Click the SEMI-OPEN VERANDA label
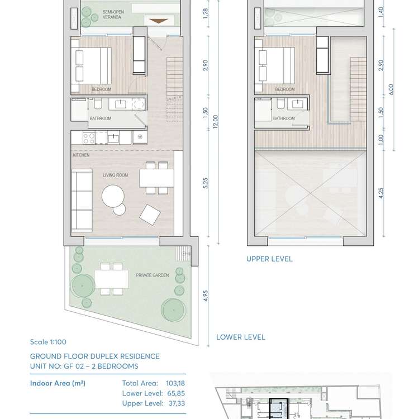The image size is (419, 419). tap(113, 15)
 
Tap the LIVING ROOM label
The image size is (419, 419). tap(116, 175)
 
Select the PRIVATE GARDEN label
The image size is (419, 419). tap(153, 275)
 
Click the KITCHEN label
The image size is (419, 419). tap(81, 155)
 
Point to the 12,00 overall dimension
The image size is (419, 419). tap(216, 122)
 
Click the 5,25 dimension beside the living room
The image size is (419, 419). tap(205, 183)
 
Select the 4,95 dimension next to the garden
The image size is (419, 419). tap(205, 296)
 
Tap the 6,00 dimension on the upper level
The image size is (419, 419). tap(391, 89)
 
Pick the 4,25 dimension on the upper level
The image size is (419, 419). tap(381, 193)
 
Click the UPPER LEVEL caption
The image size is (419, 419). tap(269, 259)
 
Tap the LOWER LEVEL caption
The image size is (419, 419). tap(240, 337)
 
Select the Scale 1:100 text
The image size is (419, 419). tap(48, 342)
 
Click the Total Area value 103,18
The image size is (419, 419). tap(175, 383)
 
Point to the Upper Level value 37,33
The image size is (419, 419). tap(177, 403)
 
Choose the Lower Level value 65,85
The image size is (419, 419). tap(176, 393)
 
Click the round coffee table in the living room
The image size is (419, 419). tap(113, 197)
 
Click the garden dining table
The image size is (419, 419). tap(111, 279)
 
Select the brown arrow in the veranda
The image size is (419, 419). tap(159, 21)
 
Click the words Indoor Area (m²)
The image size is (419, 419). tap(58, 383)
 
